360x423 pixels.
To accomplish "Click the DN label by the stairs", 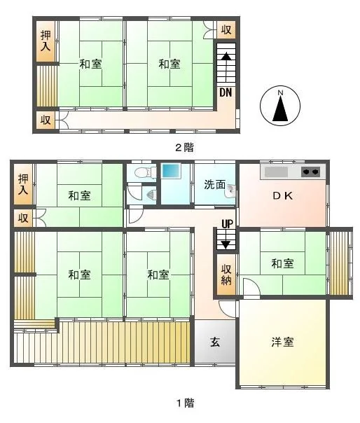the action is point(226,92).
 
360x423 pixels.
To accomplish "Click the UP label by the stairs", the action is point(227,223).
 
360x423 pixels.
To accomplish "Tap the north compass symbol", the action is point(280,106).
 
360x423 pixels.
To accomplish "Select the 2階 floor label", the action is point(185,148).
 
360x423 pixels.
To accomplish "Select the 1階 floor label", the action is point(186,403).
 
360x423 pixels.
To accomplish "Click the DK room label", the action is point(282,196).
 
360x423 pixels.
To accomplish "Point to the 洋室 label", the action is point(282,342).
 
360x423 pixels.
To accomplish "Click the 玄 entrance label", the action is point(215,342).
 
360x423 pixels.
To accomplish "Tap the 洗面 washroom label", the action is point(214,184).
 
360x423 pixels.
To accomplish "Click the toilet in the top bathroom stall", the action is point(146,173).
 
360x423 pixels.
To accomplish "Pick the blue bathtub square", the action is point(171,171).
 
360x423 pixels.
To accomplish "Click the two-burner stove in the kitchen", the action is point(310,172).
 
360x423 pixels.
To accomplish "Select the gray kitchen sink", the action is point(276,172).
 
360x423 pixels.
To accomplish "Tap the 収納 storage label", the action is point(226,275).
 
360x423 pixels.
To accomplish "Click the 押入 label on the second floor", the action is point(46,41).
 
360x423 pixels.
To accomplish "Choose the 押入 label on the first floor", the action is point(23,184).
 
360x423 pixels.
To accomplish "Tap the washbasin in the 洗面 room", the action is point(231,191).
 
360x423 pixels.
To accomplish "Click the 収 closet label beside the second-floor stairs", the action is point(226,29).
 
